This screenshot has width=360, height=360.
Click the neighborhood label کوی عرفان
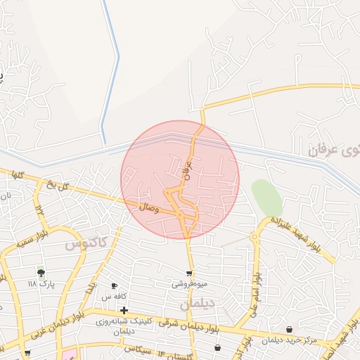(x=333, y=149)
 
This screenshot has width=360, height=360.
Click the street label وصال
(x=149, y=207)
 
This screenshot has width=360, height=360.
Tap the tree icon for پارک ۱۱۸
(x=41, y=272)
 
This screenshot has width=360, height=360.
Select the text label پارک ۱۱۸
(x=41, y=283)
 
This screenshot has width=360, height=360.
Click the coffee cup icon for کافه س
(x=114, y=286)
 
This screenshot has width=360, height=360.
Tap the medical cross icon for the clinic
(x=124, y=310)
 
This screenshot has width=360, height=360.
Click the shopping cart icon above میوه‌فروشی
(x=189, y=273)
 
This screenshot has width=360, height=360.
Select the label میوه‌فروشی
(x=189, y=284)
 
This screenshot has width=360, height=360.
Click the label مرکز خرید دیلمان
(x=290, y=341)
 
